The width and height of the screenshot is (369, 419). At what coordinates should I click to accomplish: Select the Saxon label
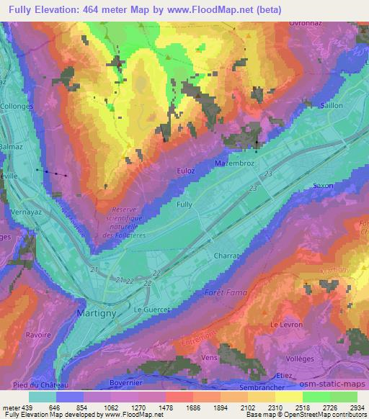coord(323,186)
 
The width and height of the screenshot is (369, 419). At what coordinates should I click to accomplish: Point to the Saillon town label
coord(331,106)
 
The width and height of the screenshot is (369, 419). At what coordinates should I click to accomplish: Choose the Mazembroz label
coord(235,164)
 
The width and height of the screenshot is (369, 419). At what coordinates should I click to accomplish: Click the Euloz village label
coord(186,170)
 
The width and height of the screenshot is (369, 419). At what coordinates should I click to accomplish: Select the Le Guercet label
coord(151,309)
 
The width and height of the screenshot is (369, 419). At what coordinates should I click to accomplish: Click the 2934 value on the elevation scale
coord(357,407)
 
